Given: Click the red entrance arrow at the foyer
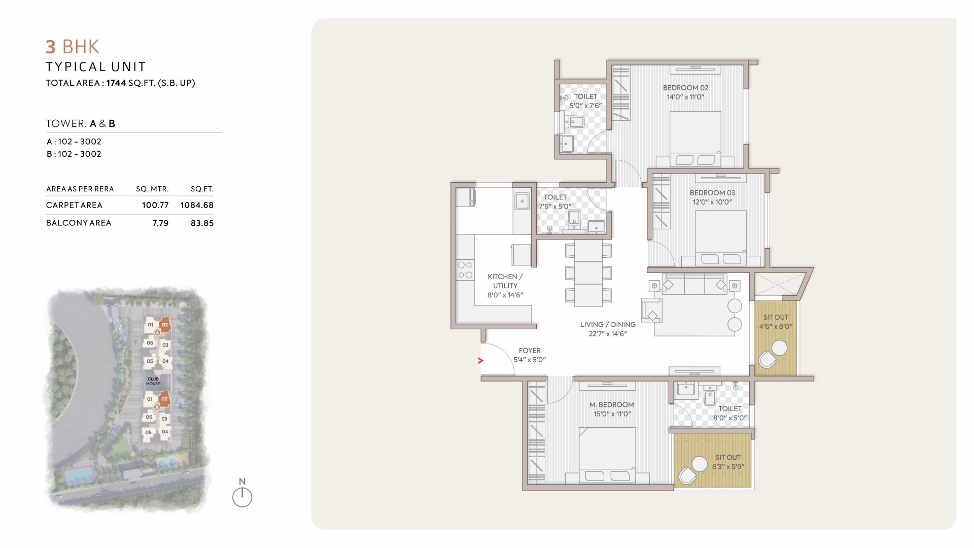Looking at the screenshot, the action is tap(480, 361).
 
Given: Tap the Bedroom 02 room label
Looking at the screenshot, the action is tap(685, 88).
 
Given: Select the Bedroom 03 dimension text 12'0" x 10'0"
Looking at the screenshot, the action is tap(712, 202).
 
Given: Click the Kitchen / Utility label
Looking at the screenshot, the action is tap(505, 281).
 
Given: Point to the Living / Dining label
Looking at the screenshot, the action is tap(608, 324).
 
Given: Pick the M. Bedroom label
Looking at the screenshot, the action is tap(611, 405).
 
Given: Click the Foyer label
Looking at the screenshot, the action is tap(530, 351).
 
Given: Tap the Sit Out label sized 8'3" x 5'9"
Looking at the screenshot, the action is tap(728, 462).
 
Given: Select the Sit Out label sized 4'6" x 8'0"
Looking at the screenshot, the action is tap(776, 322).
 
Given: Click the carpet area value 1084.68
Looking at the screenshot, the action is tap(197, 205).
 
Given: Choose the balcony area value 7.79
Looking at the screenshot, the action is tap(160, 223).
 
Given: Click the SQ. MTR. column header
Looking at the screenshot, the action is tap(152, 189).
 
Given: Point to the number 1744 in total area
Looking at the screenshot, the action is tap(116, 83).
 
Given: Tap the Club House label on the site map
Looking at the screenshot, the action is tap(153, 381).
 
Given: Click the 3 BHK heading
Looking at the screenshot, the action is tap(73, 47).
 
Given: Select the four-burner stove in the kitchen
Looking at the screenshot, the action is tap(465, 270).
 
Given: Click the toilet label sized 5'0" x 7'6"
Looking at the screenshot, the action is tap(585, 101).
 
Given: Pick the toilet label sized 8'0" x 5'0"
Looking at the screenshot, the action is tap(730, 413).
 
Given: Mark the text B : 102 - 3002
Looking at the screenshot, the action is tap(74, 154).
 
